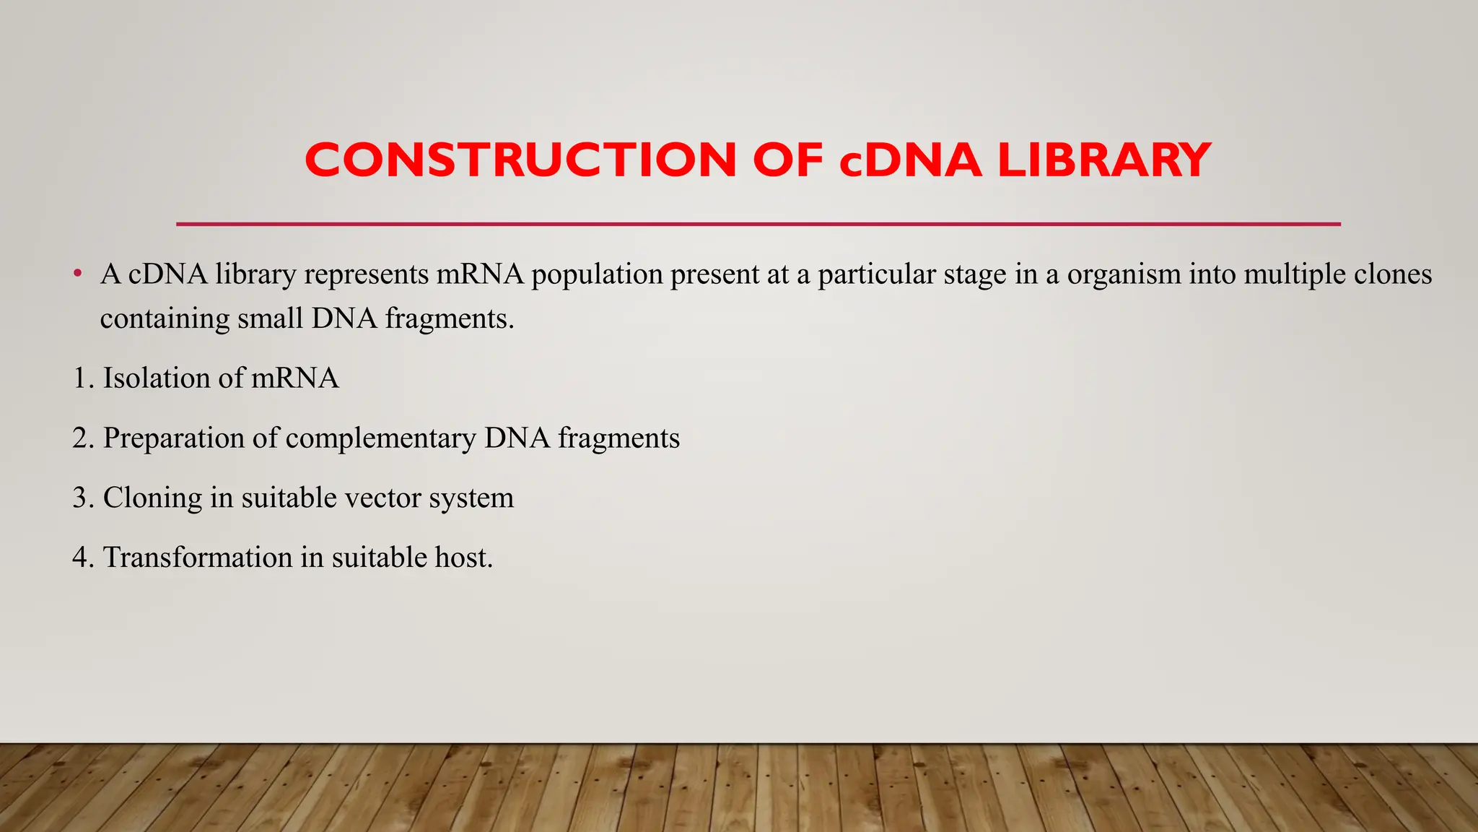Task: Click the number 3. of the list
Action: pos(83,498)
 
